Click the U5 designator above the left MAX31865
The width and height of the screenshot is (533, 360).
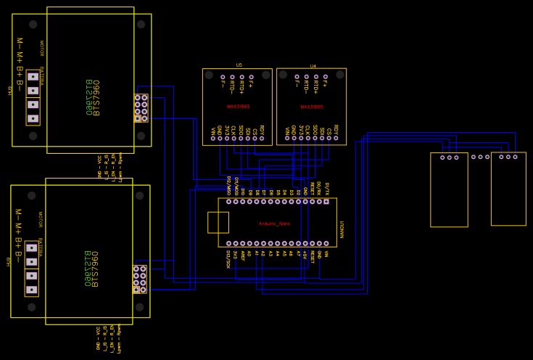(239, 65)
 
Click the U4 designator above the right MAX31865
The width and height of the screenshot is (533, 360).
(313, 66)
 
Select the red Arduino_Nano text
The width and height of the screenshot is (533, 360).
(274, 224)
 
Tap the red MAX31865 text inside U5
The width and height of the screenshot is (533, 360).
(238, 107)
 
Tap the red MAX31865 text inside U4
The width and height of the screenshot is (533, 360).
(312, 107)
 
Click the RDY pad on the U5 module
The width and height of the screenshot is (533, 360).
(262, 138)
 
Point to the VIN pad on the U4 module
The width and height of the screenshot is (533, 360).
(286, 138)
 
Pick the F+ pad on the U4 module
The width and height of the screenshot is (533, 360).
(325, 76)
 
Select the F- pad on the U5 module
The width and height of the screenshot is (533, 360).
(223, 77)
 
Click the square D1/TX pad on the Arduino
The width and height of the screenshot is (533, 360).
(326, 201)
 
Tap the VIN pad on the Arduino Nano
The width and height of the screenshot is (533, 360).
(326, 244)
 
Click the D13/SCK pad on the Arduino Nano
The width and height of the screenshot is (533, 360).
(228, 244)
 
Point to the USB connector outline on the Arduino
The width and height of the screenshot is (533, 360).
(218, 222)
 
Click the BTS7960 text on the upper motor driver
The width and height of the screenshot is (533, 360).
(91, 97)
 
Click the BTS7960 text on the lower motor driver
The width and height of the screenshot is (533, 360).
(90, 269)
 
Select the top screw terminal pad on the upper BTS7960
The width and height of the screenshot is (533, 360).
(33, 76)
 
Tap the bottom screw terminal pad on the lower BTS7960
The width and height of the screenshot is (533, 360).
(31, 290)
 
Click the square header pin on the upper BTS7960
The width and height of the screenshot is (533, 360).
(137, 118)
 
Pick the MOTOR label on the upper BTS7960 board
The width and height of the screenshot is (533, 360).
(41, 49)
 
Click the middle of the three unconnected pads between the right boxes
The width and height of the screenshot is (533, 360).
(480, 157)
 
